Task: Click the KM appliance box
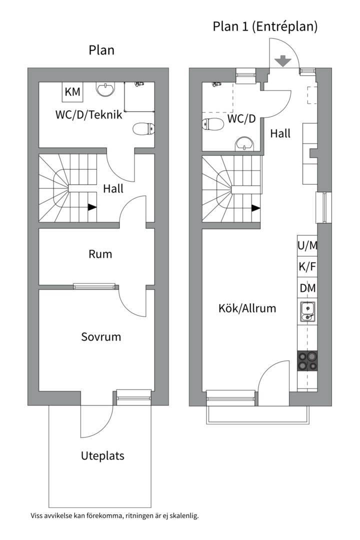click(x=72, y=92)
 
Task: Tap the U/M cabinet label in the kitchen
click(x=307, y=245)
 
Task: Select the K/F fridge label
click(x=307, y=267)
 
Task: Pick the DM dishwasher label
click(x=307, y=288)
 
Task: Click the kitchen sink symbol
click(x=307, y=311)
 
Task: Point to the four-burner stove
click(x=307, y=360)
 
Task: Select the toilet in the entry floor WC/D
click(x=212, y=124)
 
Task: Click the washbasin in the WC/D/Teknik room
click(x=105, y=89)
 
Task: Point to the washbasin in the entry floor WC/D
click(x=244, y=143)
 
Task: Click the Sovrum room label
click(x=101, y=337)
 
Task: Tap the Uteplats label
click(x=102, y=456)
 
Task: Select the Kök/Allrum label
click(x=247, y=308)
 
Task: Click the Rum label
click(x=100, y=254)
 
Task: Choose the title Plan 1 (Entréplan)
click(x=265, y=26)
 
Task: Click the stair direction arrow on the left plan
click(x=92, y=207)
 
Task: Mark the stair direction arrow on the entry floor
click(x=255, y=207)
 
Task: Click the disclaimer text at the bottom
click(x=114, y=515)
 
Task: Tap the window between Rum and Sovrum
click(x=94, y=286)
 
